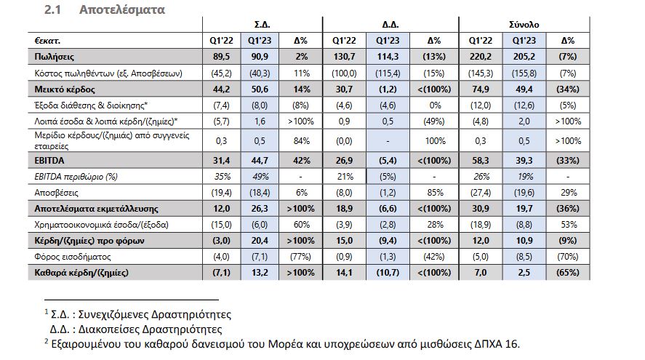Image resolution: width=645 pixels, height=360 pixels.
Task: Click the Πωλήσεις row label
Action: [x=55, y=56]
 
